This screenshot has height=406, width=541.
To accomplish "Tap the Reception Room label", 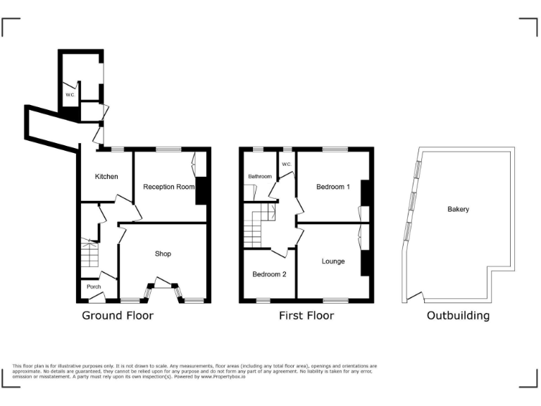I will click(168, 187).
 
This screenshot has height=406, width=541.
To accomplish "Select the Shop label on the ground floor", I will click(163, 254).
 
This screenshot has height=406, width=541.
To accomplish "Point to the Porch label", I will click(94, 287).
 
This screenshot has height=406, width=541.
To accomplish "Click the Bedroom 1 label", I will click(332, 187).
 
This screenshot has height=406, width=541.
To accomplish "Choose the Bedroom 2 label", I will click(269, 274).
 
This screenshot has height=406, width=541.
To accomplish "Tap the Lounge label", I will click(333, 262).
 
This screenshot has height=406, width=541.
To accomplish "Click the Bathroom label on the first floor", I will click(259, 176).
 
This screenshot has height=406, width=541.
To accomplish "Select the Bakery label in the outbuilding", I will click(458, 209).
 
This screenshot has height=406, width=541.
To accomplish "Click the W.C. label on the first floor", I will click(287, 164).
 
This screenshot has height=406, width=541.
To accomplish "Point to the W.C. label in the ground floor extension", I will click(70, 94).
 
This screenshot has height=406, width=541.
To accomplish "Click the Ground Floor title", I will click(118, 315).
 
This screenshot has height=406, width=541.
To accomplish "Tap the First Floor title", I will click(306, 315).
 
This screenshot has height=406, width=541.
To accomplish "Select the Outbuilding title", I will click(458, 315).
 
